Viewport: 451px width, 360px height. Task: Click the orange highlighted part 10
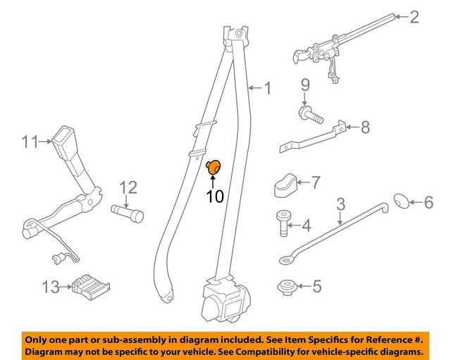(214, 168)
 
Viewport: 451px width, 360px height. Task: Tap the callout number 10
(214, 196)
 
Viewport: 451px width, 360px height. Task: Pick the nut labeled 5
(286, 287)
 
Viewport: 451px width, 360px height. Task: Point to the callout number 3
(340, 205)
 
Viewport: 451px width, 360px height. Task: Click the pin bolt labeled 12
(127, 212)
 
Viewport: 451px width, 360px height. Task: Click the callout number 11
(28, 142)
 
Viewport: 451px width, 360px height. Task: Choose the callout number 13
(49, 287)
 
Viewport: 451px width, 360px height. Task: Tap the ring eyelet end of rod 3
(286, 262)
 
